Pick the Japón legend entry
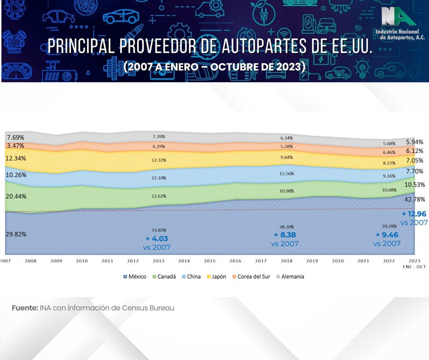tap(216, 277)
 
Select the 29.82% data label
tap(17, 234)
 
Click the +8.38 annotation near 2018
tap(285, 235)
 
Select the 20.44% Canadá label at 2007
tap(17, 196)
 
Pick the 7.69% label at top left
tap(15, 137)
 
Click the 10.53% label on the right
tap(415, 185)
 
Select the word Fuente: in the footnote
tap(25, 308)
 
